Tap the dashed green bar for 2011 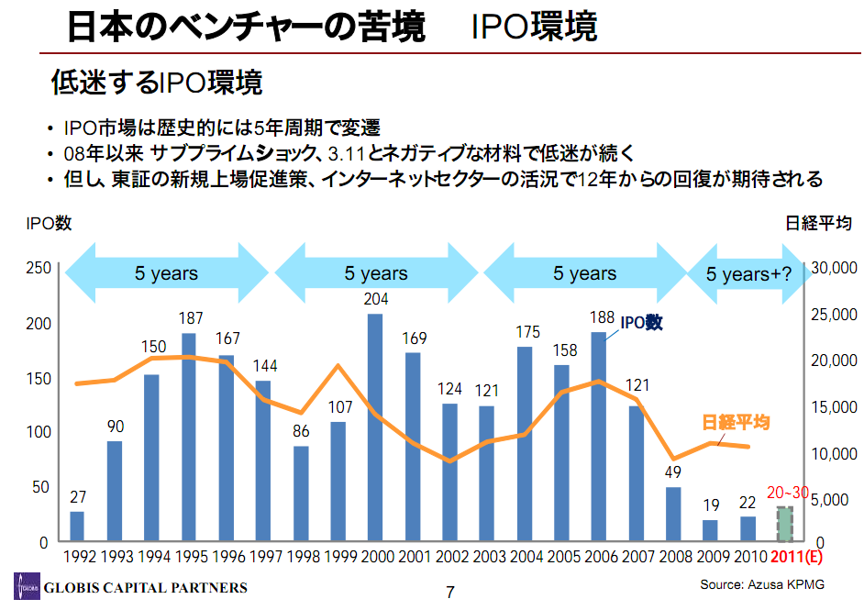pos(784,524)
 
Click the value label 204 pos(375,299)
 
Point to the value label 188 pos(601,317)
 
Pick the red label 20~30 pos(787,493)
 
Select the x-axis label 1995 pos(192,558)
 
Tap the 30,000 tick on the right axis pos(833,268)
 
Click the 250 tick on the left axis pos(38,268)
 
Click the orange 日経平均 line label pos(736,423)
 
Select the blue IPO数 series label pos(641,323)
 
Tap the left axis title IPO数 pos(49,223)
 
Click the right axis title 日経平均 pos(819,223)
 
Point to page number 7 pos(450,592)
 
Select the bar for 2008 pos(673,514)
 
